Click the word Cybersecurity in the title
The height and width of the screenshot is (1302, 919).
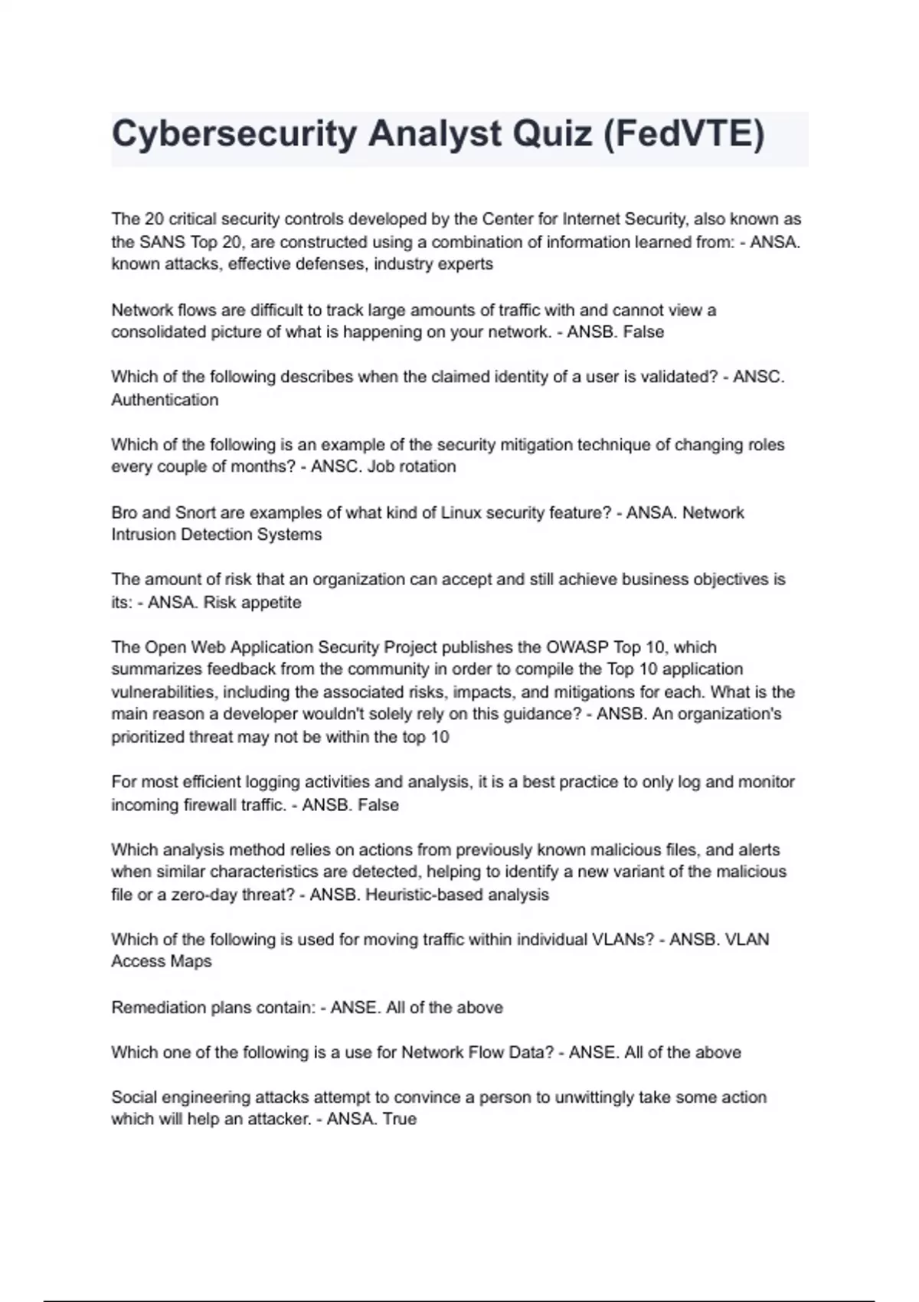(x=234, y=135)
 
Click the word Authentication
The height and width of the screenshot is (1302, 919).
(x=165, y=400)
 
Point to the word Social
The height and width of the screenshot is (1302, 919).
(x=135, y=1098)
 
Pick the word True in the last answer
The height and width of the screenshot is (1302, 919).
(x=399, y=1119)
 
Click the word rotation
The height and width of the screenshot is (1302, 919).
(x=424, y=466)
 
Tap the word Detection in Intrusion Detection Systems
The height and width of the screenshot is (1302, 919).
(x=217, y=535)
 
